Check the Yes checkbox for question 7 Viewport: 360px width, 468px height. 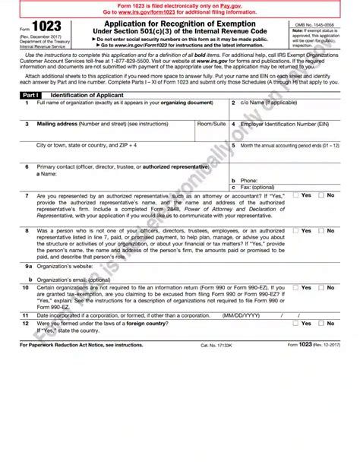coord(296,195)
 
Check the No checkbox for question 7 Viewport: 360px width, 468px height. coord(321,195)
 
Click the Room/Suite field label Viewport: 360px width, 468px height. coord(212,122)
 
